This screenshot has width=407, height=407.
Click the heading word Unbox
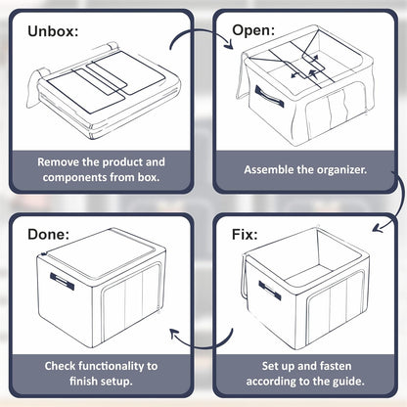point(53,31)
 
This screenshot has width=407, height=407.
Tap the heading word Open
point(253,30)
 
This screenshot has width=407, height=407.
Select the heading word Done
point(48,235)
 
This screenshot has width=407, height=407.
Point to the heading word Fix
point(245,235)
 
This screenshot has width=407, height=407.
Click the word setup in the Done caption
point(115,382)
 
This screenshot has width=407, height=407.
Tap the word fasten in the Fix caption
point(336,366)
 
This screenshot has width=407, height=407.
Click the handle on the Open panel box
point(269,97)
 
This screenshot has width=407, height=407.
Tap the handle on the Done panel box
point(62,281)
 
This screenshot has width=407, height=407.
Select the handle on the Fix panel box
point(270,290)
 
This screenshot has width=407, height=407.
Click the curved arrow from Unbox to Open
point(199,31)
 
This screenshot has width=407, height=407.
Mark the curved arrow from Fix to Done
point(203,347)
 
